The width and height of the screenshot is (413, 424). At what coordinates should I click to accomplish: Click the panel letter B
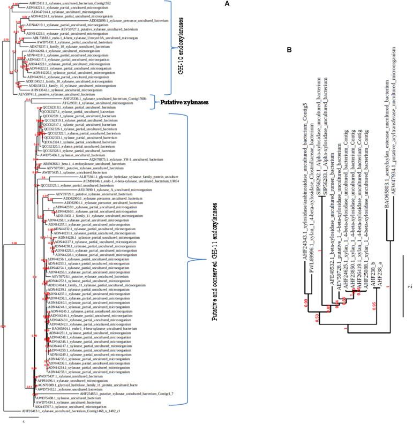click(x=289, y=50)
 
